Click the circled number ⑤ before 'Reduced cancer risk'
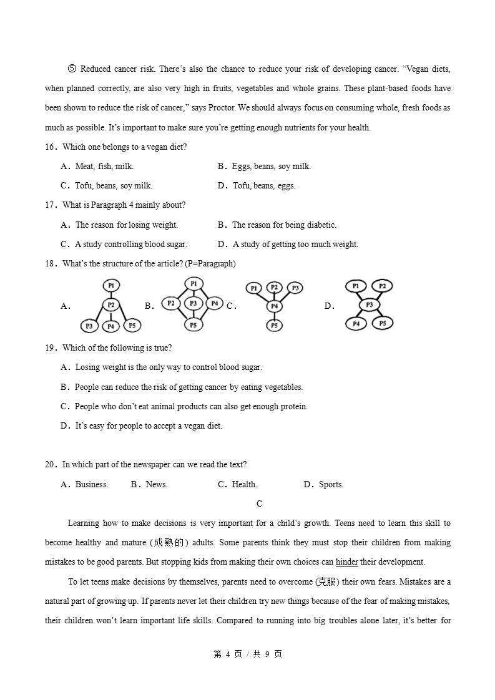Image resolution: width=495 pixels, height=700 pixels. [x=72, y=69]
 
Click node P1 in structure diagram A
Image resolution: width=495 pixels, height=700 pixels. [x=111, y=286]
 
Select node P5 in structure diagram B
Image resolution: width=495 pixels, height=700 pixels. [x=194, y=324]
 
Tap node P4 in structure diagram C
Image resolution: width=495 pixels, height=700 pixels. [x=274, y=306]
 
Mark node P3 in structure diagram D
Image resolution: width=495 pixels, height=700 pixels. [x=369, y=304]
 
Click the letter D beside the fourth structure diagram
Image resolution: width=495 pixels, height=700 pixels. [x=328, y=306]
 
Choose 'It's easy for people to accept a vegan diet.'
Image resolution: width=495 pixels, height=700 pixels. [x=149, y=426]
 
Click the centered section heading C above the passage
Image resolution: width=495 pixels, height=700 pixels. [x=260, y=504]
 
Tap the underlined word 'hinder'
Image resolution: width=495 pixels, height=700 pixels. [x=347, y=562]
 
